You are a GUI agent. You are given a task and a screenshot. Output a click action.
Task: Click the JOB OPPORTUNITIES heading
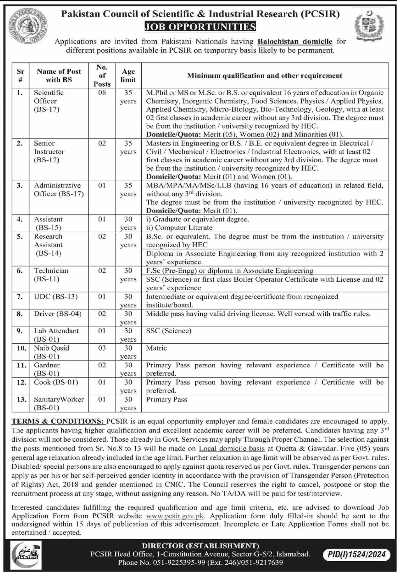pos(200,27)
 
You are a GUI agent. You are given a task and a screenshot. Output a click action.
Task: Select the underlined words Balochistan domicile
pos(295,42)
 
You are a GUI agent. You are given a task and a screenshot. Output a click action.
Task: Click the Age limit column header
pos(128,76)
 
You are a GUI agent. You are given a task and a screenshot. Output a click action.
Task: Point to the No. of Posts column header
pos(102,76)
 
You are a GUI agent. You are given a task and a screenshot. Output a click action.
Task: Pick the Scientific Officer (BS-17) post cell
pos(49,101)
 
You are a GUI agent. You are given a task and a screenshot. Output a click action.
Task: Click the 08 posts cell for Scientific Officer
pos(102,93)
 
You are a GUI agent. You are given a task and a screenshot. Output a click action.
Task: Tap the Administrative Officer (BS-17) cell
pos(59,190)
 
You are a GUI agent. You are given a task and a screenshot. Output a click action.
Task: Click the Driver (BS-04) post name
pos(58,314)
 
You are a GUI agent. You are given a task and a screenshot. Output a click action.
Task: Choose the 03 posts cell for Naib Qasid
pos(102,348)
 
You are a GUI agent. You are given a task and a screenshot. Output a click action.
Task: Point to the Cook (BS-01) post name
pos(56,382)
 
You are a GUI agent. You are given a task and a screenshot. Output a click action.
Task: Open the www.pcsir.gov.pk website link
pos(175,516)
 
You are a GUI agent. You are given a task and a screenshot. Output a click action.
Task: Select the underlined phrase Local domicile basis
pos(232,449)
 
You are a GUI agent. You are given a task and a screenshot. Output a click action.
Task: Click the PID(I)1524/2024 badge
pos(357,554)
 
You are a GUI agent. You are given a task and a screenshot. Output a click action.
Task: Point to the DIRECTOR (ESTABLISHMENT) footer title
pos(200,546)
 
